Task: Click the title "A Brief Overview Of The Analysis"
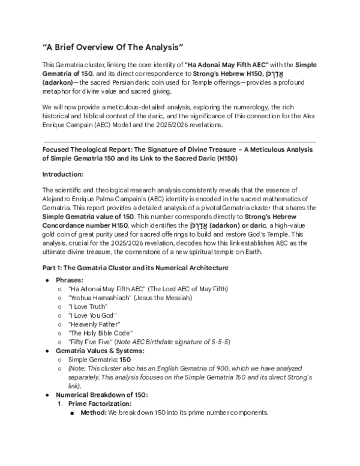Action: (x=112, y=47)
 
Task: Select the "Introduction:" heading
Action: (x=67, y=174)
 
